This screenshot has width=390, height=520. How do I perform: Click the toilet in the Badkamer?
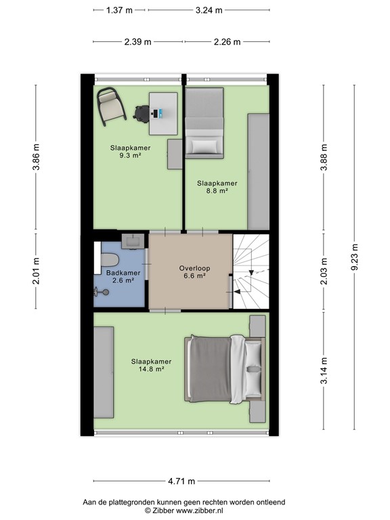[x=108, y=259]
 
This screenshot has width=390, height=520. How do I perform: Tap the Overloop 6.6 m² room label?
[x=194, y=272]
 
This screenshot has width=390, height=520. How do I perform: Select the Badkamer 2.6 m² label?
[x=120, y=276]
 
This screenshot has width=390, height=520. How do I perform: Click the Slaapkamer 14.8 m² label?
[x=151, y=365]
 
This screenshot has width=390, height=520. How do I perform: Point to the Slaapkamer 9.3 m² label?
[x=130, y=151]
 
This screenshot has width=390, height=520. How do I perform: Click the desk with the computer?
[x=163, y=112]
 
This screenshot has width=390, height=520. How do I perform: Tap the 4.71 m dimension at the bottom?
[x=181, y=481]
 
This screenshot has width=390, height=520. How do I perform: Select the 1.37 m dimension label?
[x=120, y=11]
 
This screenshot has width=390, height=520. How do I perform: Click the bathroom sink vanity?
[x=131, y=240]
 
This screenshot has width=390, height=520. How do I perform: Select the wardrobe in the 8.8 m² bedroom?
[x=258, y=173]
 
